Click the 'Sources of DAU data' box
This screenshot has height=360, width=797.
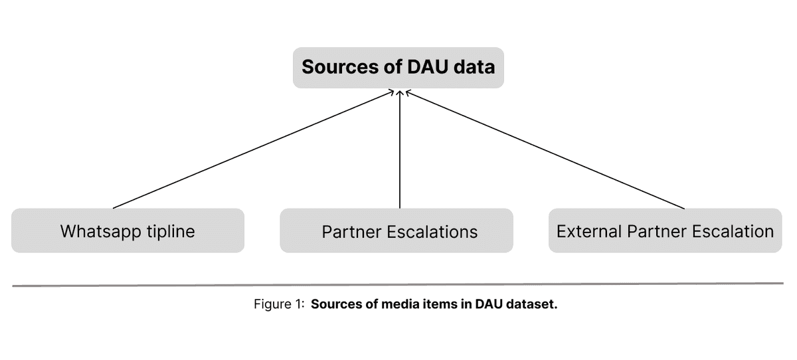point(398,67)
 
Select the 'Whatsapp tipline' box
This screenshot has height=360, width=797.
point(128,230)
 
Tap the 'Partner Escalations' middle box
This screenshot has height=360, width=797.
point(397,230)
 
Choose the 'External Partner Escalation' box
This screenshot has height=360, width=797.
point(665,230)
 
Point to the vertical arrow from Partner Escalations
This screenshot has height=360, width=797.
point(399,149)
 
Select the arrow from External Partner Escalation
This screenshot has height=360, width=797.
point(545,149)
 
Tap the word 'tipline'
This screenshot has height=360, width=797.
point(170,231)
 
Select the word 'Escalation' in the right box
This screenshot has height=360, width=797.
point(735,231)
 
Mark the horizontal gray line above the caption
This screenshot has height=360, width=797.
point(398,285)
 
